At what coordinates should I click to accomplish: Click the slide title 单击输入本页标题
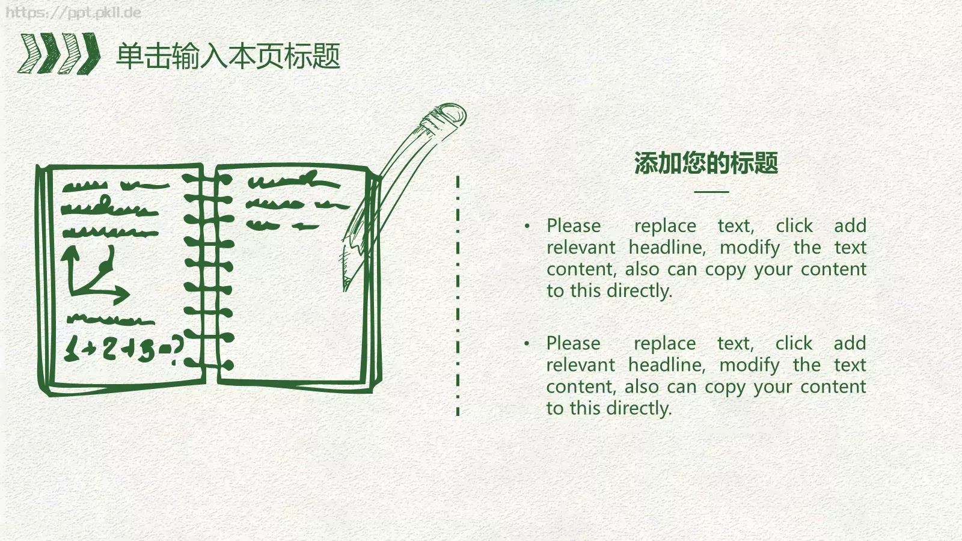pyautogui.click(x=228, y=56)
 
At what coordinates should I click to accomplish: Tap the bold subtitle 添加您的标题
pyautogui.click(x=706, y=163)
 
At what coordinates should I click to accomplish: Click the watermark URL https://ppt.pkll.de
pyautogui.click(x=73, y=12)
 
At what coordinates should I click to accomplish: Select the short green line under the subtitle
pyautogui.click(x=712, y=192)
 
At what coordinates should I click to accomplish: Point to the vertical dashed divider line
pyautogui.click(x=458, y=295)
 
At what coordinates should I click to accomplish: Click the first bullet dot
pyautogui.click(x=527, y=225)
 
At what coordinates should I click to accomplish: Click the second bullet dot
pyautogui.click(x=527, y=343)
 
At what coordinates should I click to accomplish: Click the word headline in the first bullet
pyautogui.click(x=667, y=248)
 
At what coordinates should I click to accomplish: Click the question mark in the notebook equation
pyautogui.click(x=176, y=349)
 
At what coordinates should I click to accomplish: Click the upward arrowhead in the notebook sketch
pyautogui.click(x=70, y=253)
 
